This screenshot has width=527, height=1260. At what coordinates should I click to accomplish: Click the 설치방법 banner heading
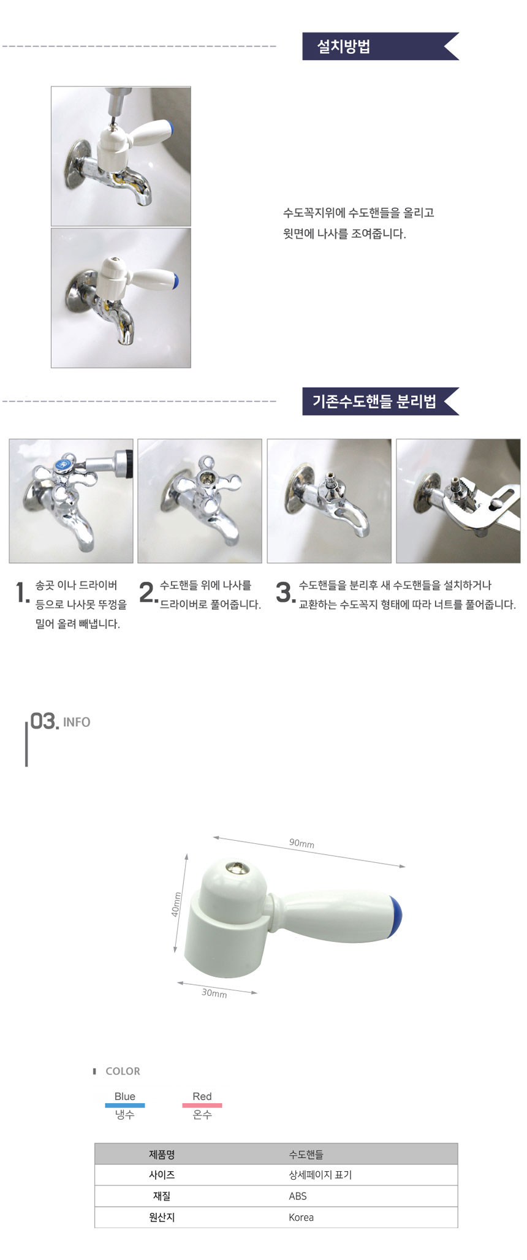point(344,47)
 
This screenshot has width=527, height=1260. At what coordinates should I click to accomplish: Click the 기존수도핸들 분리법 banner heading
point(374,401)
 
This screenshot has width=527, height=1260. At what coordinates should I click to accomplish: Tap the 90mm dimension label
point(301,843)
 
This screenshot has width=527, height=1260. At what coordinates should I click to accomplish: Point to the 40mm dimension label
point(176,904)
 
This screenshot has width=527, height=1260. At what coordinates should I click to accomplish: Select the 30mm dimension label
point(214,993)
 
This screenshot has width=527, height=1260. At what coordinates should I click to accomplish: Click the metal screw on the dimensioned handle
point(233,867)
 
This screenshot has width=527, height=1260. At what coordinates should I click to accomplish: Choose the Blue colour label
point(125,1096)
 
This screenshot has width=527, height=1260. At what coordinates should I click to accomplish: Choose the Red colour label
point(202,1096)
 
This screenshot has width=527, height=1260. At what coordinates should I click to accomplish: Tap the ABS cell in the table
point(298,1196)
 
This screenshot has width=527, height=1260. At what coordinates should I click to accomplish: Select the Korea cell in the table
point(301,1217)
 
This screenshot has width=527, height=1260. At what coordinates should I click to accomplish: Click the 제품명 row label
point(162,1155)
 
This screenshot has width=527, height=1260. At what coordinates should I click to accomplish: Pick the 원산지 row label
point(162,1217)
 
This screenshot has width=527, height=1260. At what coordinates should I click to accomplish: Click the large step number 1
point(22,593)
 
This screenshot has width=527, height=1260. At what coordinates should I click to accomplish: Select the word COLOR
point(123,1071)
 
